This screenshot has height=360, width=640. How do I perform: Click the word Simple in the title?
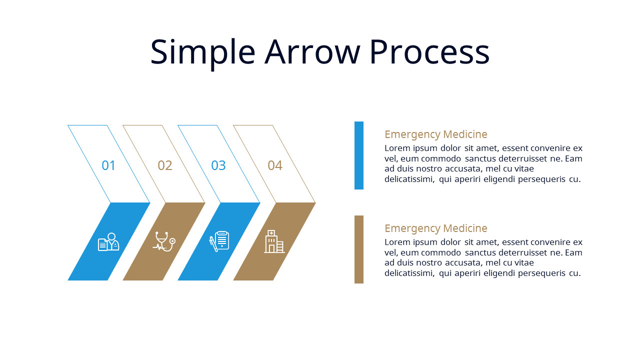tap(202, 52)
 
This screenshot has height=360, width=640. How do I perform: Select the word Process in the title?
tap(429, 52)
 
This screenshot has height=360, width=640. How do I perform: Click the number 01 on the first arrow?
tap(108, 165)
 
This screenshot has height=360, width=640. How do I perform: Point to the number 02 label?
tap(165, 165)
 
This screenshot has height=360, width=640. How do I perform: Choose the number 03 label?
tap(218, 165)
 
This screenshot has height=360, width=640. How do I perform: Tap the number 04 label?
tap(275, 165)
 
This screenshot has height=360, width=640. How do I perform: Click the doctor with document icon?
tap(109, 242)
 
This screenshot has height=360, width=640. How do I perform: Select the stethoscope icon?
tap(164, 241)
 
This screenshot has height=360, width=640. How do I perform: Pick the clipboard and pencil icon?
tap(219, 241)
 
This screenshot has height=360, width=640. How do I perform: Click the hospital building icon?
tap(274, 241)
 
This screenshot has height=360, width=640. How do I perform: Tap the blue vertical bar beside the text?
tap(359, 155)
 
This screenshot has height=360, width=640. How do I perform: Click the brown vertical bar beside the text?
tap(359, 249)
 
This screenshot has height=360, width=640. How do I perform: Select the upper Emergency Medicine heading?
tap(435, 134)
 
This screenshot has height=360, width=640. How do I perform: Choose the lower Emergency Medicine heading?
tap(435, 228)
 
